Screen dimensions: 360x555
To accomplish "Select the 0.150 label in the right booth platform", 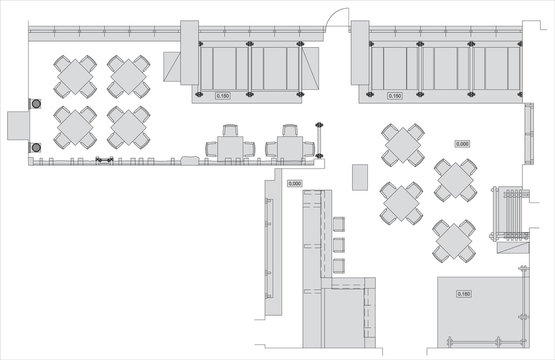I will [394, 96].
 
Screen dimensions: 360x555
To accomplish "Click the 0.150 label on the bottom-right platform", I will [464, 294].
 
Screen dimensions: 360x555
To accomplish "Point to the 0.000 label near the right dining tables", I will [463, 144].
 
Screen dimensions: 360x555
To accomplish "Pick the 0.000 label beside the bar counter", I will [295, 183].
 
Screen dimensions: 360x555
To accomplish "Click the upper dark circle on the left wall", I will [38, 103].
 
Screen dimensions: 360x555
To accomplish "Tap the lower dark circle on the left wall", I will [38, 147].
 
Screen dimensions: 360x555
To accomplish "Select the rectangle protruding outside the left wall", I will [18, 126].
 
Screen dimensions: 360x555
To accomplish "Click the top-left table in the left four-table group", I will [76, 76].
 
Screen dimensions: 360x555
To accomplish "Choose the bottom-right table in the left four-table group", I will [128, 127].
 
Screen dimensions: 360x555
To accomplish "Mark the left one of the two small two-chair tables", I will [230, 145].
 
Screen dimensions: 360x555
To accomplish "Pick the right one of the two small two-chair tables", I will [290, 145].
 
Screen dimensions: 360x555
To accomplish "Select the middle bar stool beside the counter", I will [338, 243].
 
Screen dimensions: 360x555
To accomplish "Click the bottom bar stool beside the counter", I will [338, 264].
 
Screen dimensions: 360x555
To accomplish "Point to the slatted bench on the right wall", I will [510, 213].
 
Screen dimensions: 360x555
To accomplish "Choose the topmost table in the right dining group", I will [402, 145].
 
